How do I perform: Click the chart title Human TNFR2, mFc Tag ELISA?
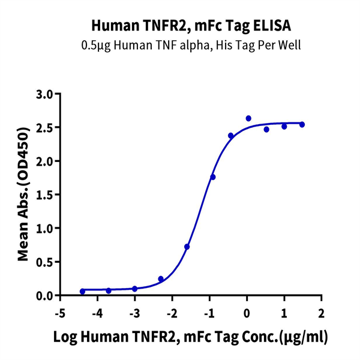click(x=180, y=26)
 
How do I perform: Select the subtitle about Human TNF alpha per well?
click(x=180, y=45)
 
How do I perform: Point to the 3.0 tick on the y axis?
click(x=45, y=94)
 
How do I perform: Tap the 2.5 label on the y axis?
click(x=45, y=128)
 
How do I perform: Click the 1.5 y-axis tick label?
click(x=45, y=195)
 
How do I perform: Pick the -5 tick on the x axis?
click(x=59, y=313)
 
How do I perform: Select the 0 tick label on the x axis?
click(x=247, y=313)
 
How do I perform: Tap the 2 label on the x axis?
click(x=322, y=313)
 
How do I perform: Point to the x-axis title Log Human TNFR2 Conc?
click(x=191, y=337)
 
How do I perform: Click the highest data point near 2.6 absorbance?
click(x=248, y=118)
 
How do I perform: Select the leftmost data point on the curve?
click(x=82, y=292)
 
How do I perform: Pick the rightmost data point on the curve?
click(x=302, y=124)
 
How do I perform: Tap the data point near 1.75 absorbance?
click(x=213, y=177)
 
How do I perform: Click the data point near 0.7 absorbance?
click(x=187, y=247)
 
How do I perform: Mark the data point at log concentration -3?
click(x=134, y=289)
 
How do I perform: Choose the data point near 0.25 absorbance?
click(x=161, y=278)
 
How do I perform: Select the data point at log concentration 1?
click(x=284, y=126)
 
